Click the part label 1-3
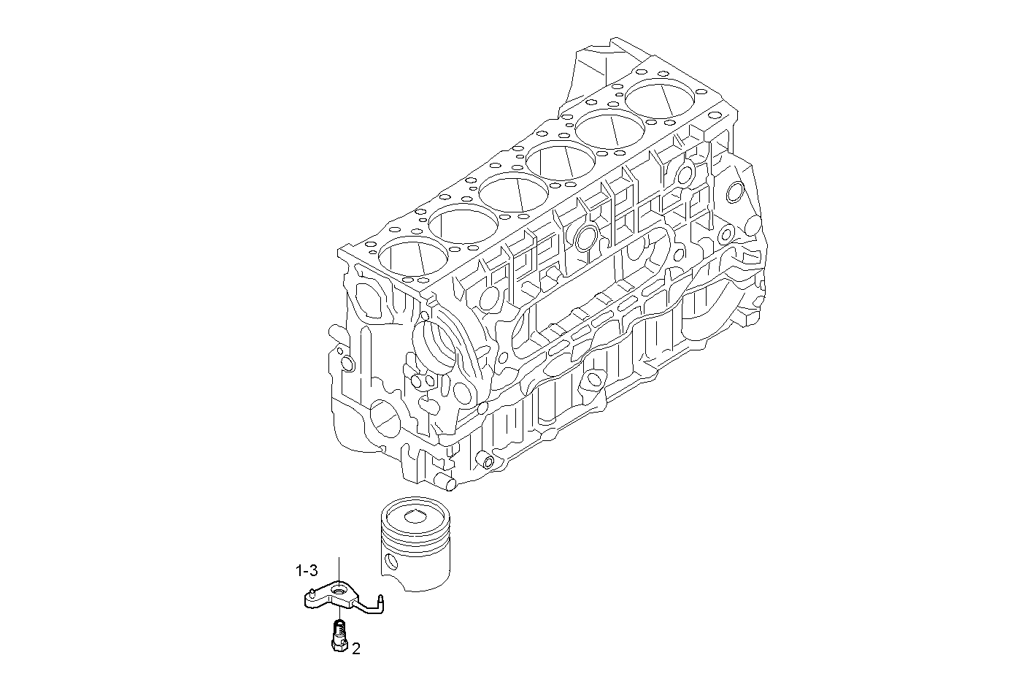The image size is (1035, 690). coord(306,570)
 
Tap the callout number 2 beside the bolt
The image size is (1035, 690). coord(355,648)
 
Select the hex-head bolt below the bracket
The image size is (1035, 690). coord(338,634)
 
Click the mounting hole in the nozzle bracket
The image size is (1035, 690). coord(339,588)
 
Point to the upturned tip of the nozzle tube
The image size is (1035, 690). coord(381,599)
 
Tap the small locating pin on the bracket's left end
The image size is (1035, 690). coord(312,591)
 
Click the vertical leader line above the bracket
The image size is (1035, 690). coord(339,567)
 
